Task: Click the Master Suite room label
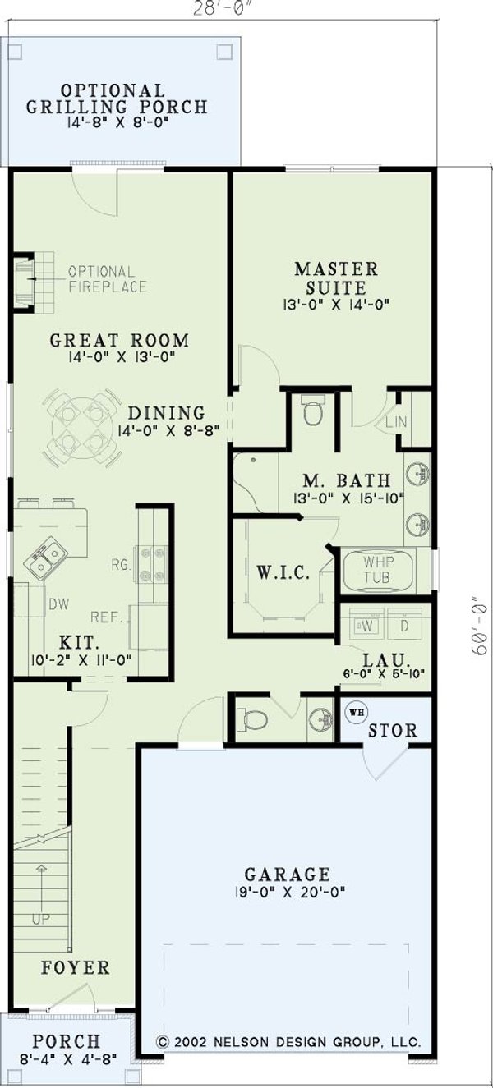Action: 336,278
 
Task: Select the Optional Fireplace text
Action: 107,278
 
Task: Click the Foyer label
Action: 76,968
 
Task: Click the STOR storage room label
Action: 392,730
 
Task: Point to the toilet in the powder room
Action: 254,720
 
